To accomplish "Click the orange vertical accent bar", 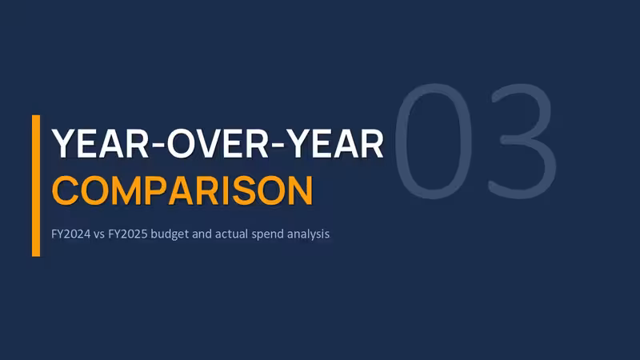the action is click(36, 186).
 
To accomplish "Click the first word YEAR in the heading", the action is click(100, 144).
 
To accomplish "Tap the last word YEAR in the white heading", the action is click(334, 144).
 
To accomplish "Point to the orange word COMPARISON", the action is click(182, 190).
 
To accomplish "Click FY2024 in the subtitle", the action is click(70, 234).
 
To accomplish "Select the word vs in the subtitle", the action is click(99, 234).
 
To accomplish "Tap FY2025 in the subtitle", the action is click(128, 234).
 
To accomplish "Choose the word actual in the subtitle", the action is click(231, 234).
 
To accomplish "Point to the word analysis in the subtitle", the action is click(308, 234).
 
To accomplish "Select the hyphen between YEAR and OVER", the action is click(158, 145).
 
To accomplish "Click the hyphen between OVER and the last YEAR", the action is click(277, 145).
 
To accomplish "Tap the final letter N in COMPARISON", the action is click(300, 190).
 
